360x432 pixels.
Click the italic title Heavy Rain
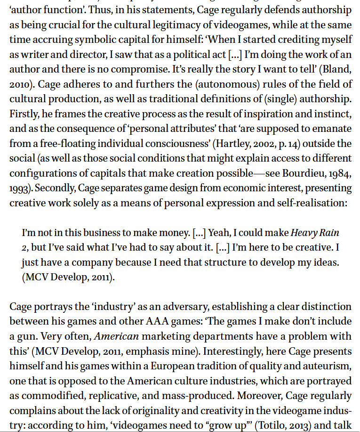point(315,233)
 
